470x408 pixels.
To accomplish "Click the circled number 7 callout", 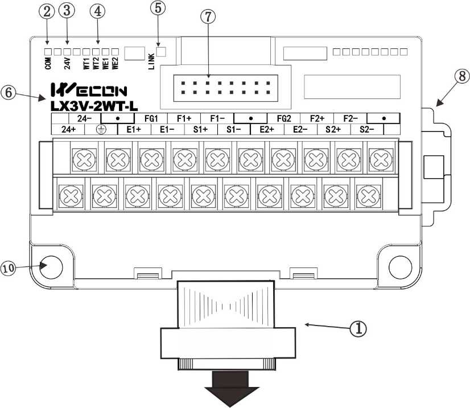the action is click(208, 17).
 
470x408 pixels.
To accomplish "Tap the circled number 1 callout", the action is click(358, 328).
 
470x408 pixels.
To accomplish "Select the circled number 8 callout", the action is click(462, 76).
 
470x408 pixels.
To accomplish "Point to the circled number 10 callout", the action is click(8, 267).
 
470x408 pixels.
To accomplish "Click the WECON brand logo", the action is click(89, 89).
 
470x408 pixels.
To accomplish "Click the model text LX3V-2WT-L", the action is click(94, 106).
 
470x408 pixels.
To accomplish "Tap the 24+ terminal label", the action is click(68, 130).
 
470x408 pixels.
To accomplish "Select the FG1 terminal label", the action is click(151, 118).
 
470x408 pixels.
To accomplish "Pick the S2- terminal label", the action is click(367, 130).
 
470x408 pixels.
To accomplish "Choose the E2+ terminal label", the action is click(267, 130).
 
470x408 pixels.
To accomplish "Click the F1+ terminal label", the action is click(184, 118).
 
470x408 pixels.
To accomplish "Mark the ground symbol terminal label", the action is click(101, 130).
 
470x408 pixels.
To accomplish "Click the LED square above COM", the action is click(48, 52).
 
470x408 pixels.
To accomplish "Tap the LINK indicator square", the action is click(161, 52).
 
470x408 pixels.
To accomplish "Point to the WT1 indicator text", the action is click(86, 64).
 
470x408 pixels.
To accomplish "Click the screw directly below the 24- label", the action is click(84, 159).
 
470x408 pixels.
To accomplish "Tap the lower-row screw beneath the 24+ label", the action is click(71, 196).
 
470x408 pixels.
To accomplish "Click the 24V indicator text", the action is click(67, 64).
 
